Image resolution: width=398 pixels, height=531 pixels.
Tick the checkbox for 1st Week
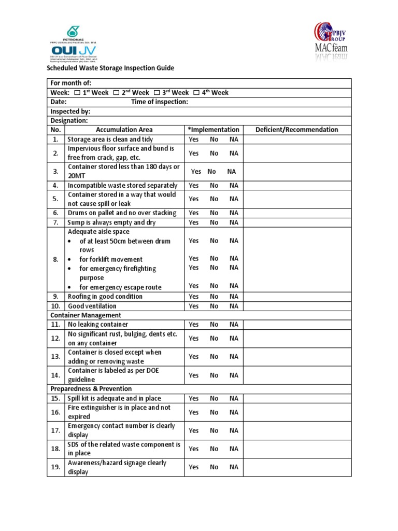point(77,93)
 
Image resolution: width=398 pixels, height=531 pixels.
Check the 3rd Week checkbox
point(157,93)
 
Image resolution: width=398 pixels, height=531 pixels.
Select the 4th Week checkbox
point(196,93)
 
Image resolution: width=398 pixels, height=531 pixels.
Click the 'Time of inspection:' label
point(159,102)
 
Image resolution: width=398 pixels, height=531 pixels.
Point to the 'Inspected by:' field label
point(70,111)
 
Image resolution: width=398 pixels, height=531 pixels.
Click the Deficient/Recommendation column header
point(296,130)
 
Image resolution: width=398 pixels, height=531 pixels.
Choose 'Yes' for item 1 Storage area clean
point(193,139)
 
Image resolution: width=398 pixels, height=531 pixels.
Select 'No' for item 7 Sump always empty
point(214,222)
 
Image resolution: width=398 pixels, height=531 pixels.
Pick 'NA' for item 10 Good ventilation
point(234,306)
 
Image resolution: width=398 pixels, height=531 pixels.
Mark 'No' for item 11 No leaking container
point(214,325)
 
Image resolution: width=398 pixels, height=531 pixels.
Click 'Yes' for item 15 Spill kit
point(193,398)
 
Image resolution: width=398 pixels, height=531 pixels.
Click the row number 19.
point(55,467)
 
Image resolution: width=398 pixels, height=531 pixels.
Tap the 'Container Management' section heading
point(86,315)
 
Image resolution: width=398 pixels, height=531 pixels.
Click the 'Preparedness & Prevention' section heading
point(91,389)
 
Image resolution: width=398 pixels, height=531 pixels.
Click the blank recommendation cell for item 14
point(296,375)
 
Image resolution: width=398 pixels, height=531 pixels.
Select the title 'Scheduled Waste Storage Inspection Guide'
point(110,68)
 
